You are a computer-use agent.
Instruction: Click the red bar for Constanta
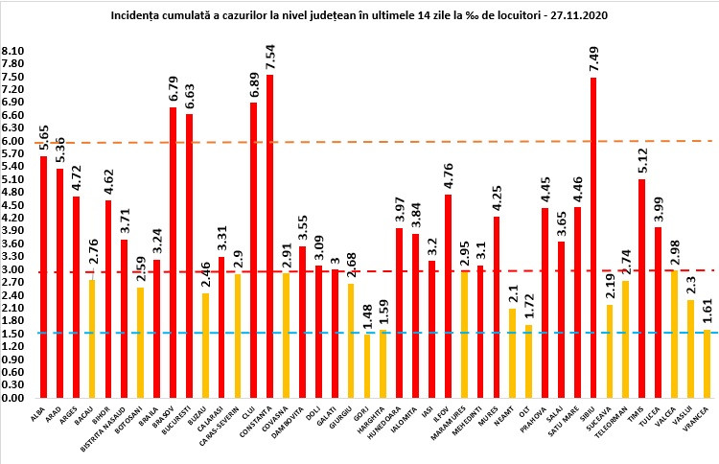(269, 235)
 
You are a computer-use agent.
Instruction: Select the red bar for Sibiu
(593, 237)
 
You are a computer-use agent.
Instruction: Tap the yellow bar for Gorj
(367, 365)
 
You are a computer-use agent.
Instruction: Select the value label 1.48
(368, 316)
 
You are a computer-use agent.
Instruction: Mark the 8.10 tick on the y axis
(13, 51)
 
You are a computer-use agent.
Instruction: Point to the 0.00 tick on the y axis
(13, 397)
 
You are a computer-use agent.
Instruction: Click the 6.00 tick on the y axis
(13, 141)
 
